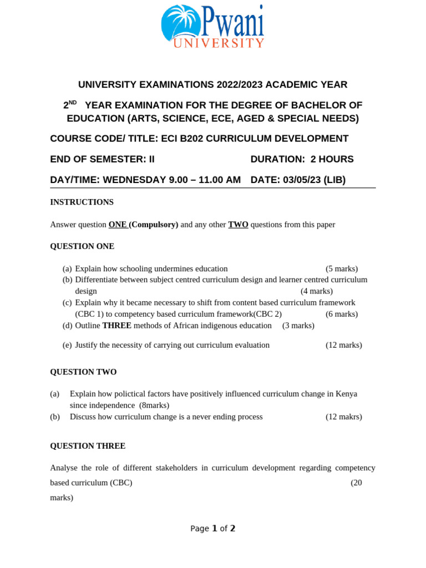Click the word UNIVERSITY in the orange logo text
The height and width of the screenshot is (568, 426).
pyautogui.click(x=219, y=43)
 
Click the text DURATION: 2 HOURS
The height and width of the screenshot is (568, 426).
pyautogui.click(x=302, y=159)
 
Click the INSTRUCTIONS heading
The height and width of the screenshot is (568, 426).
pyautogui.click(x=82, y=202)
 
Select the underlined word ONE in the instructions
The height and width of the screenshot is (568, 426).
pyautogui.click(x=118, y=225)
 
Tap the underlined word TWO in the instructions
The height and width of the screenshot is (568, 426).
pyautogui.click(x=238, y=225)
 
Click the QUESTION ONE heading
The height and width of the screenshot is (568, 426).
pyautogui.click(x=82, y=246)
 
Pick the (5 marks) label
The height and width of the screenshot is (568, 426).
pyautogui.click(x=342, y=268)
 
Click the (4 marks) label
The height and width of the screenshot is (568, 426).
pyautogui.click(x=317, y=291)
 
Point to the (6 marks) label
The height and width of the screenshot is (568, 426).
pyautogui.click(x=342, y=314)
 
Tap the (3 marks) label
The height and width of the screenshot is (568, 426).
pyautogui.click(x=298, y=326)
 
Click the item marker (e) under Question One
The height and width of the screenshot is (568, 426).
pyautogui.click(x=67, y=345)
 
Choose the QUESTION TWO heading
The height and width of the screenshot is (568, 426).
pyautogui.click(x=83, y=372)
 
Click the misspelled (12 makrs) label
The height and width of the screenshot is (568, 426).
pyautogui.click(x=343, y=417)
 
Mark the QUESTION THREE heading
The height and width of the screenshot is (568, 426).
pyautogui.click(x=88, y=446)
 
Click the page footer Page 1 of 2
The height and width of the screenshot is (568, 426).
pyautogui.click(x=213, y=529)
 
